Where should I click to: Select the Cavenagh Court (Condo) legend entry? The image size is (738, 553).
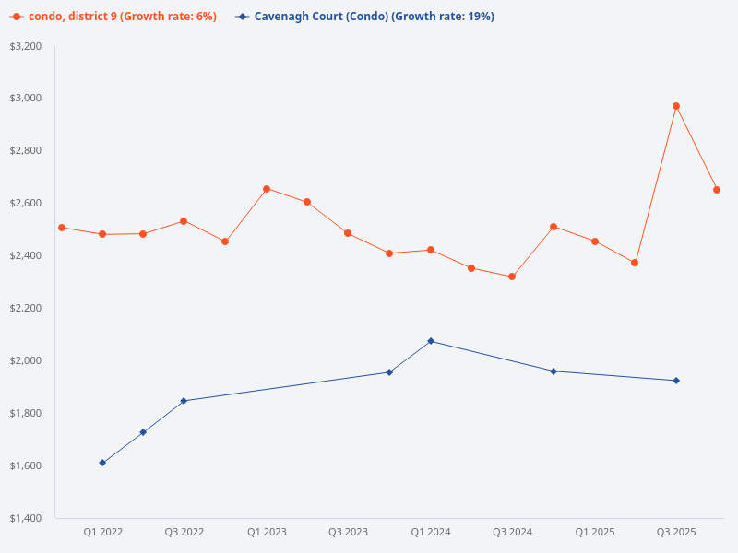click(x=364, y=17)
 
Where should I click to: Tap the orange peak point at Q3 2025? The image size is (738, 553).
click(x=676, y=106)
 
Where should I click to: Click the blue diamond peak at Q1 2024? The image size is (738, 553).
click(x=431, y=341)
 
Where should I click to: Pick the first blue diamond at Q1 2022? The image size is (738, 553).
click(x=102, y=463)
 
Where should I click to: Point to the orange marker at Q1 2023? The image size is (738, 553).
click(x=267, y=189)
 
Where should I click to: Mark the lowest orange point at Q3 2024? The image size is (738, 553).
click(x=512, y=276)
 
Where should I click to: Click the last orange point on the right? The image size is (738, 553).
click(x=717, y=190)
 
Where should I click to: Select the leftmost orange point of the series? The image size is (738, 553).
click(x=61, y=228)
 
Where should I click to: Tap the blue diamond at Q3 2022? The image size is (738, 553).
click(x=184, y=401)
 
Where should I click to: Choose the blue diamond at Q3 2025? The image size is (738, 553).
click(x=676, y=381)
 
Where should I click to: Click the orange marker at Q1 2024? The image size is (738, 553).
click(x=431, y=250)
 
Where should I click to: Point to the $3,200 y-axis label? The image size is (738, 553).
click(x=26, y=46)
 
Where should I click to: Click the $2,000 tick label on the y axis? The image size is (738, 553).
click(x=26, y=360)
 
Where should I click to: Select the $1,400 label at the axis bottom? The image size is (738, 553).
click(x=26, y=518)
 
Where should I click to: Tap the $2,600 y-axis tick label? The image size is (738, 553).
click(x=26, y=203)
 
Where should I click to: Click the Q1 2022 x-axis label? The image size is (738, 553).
click(x=102, y=532)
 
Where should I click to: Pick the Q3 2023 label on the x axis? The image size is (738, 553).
click(x=348, y=532)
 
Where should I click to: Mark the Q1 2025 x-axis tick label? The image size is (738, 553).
click(x=595, y=532)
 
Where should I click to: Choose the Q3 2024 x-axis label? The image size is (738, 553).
click(x=512, y=532)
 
